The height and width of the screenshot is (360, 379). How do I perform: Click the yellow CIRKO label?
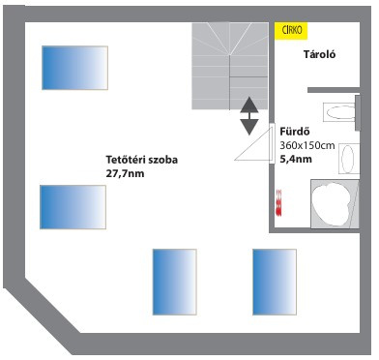[x=291, y=31]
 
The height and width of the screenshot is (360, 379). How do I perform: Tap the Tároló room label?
[x=319, y=54]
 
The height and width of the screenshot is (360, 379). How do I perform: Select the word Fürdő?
[x=295, y=132]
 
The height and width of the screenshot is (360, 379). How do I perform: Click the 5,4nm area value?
[x=296, y=159]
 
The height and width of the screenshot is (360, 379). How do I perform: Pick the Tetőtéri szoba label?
[x=142, y=160]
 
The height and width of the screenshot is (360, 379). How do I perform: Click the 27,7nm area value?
[x=125, y=174]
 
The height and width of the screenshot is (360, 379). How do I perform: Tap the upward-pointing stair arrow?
[x=249, y=105]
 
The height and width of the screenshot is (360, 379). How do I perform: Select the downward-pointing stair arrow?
[x=249, y=127]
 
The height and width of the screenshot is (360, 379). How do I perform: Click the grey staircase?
[x=230, y=66]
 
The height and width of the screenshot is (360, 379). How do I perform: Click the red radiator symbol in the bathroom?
[x=278, y=203]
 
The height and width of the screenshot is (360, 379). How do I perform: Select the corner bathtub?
[x=335, y=204]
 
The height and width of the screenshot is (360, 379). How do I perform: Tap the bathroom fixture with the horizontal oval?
[x=340, y=112]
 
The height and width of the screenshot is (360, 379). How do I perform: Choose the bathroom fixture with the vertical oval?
[x=348, y=159]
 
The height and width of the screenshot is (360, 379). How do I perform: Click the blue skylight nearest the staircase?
[x=74, y=68]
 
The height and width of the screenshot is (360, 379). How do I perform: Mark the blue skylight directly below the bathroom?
[x=275, y=282]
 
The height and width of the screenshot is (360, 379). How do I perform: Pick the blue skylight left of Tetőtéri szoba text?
[x=73, y=207]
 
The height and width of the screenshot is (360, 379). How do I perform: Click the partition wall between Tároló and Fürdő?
[x=334, y=90]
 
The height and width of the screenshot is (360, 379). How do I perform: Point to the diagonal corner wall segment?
[x=42, y=310]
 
